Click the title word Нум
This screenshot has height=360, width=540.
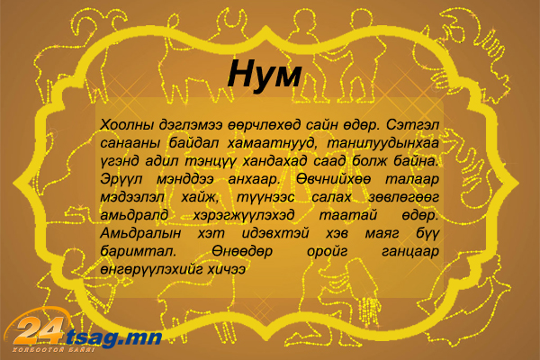point(265,75)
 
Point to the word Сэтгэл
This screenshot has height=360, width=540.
point(412,124)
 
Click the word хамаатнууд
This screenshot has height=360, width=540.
point(272,143)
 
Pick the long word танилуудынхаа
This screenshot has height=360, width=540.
point(383,143)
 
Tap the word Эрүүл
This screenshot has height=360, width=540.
point(121,180)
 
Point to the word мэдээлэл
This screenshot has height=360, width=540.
point(132,198)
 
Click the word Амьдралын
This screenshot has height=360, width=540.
point(140,234)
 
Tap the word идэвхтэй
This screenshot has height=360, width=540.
point(275,234)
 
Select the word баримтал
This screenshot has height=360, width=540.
point(139,251)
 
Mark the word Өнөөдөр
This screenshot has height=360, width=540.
point(242,251)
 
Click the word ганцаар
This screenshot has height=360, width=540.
point(410,252)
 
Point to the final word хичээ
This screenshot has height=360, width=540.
point(226,270)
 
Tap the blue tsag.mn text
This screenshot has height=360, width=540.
point(113,338)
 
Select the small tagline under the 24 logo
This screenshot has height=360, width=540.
point(53,350)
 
